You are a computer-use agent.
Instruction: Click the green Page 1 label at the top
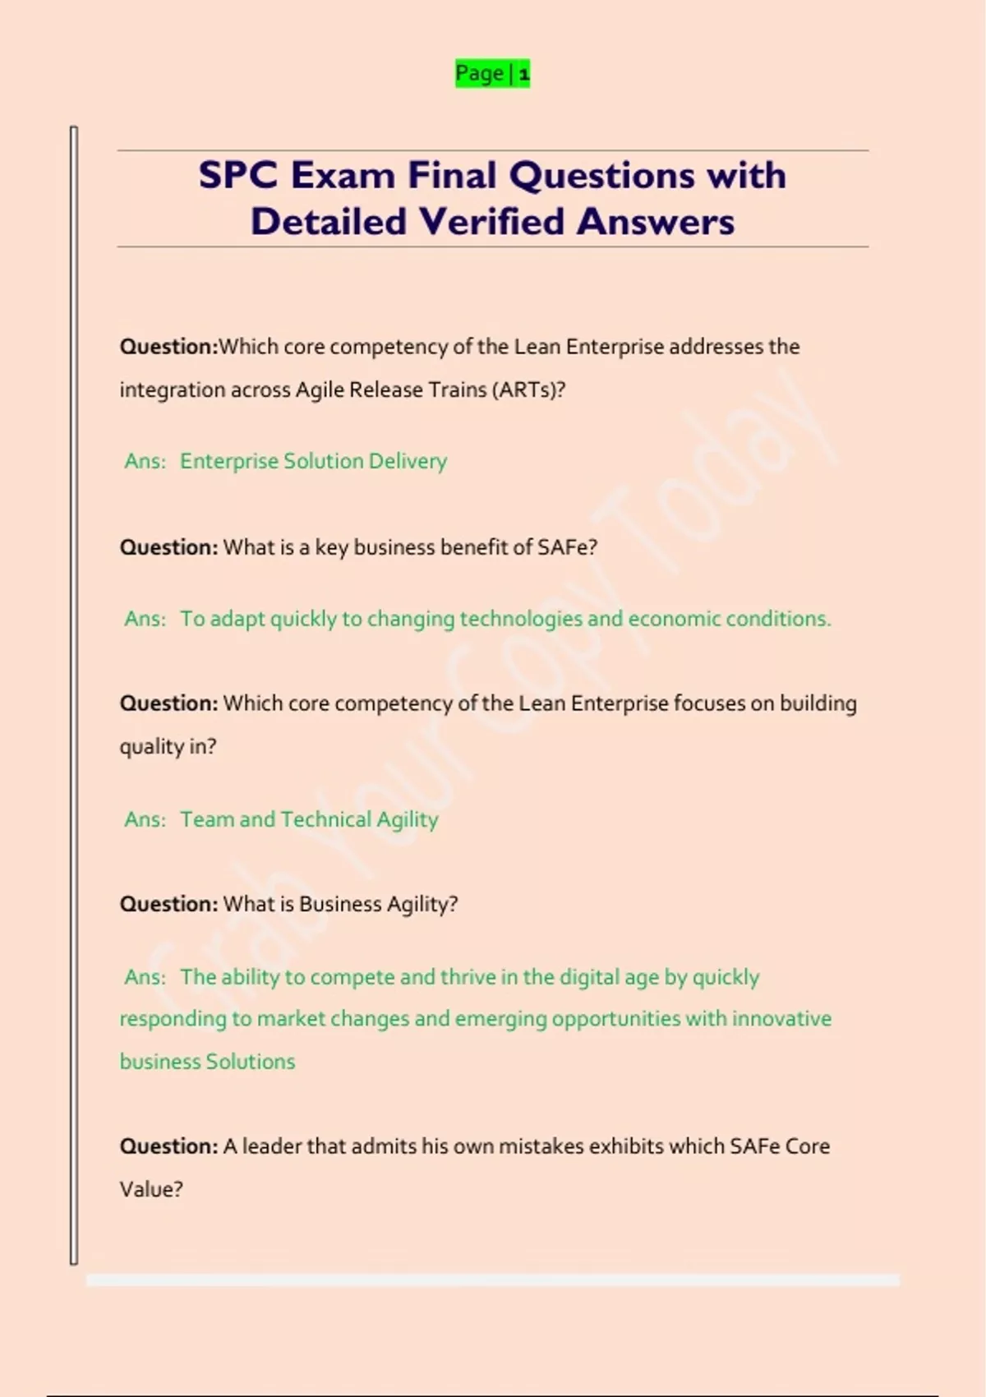click(x=492, y=74)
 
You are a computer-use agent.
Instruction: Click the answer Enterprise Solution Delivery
click(x=313, y=461)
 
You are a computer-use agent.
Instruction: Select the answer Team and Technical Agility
click(x=309, y=819)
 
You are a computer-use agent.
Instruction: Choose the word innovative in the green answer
click(x=781, y=1019)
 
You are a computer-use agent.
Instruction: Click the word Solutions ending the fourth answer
click(x=250, y=1062)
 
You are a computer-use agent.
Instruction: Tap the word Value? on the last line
click(x=151, y=1189)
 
